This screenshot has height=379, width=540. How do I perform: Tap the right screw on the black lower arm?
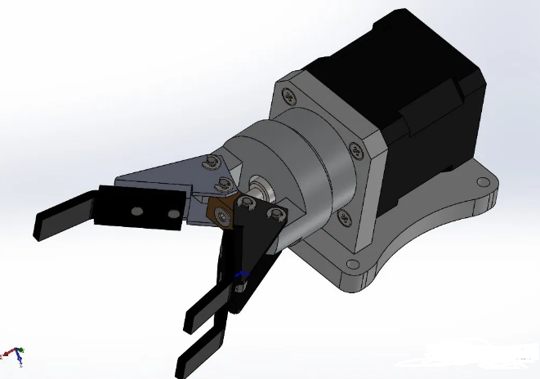pos(275,215)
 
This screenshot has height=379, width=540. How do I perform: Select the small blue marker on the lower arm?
pos(239,276)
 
